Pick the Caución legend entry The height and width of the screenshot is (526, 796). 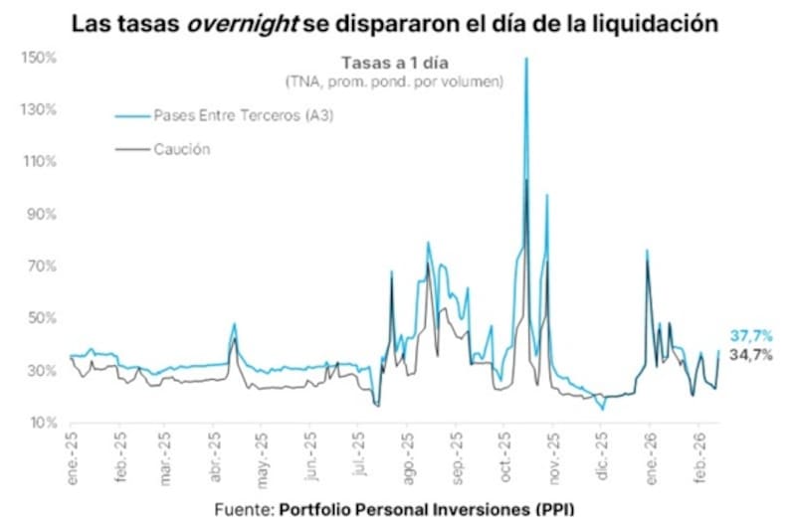pyautogui.click(x=181, y=149)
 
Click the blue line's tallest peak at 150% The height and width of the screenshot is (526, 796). pyautogui.click(x=525, y=60)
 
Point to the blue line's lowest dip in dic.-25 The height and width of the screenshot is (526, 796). pyautogui.click(x=602, y=409)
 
